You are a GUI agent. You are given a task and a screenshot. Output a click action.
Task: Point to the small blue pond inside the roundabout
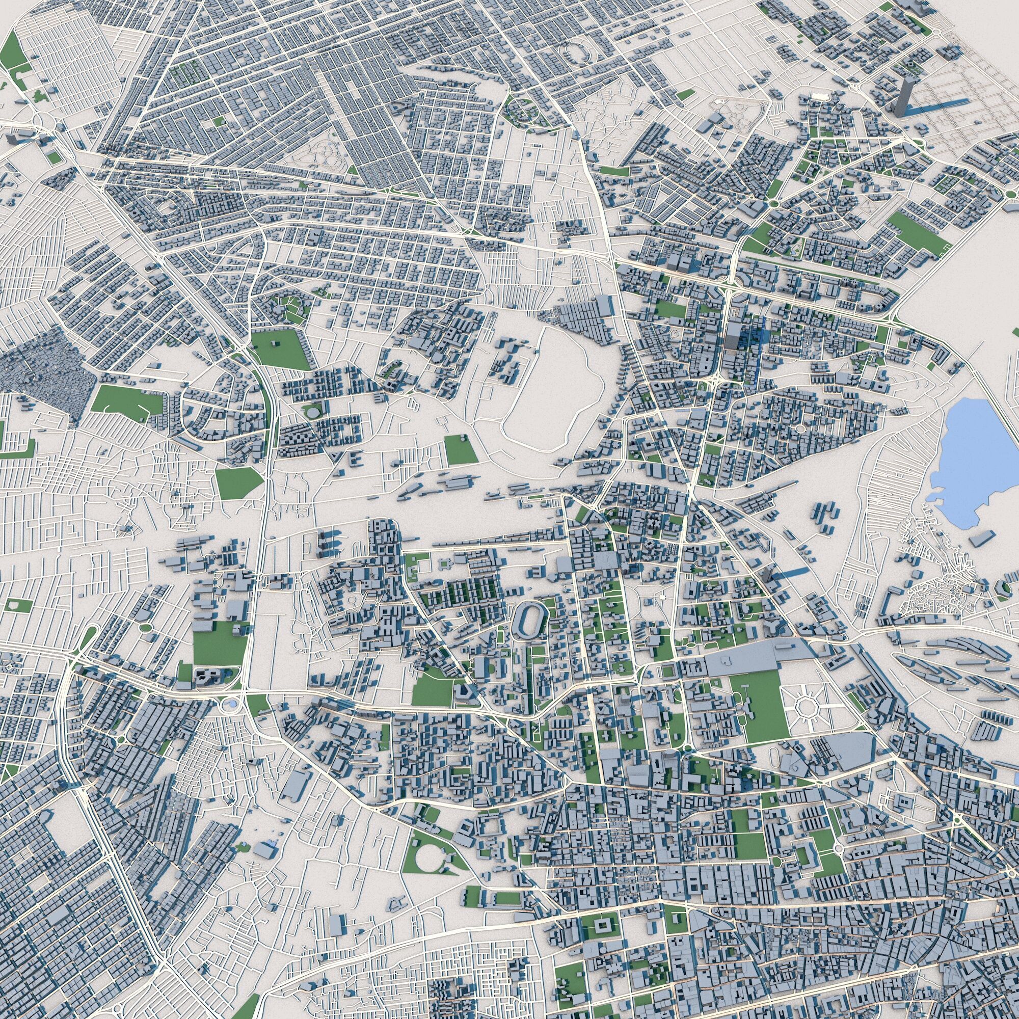click(x=231, y=705)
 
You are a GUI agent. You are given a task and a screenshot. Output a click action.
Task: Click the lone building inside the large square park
click(x=274, y=343)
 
